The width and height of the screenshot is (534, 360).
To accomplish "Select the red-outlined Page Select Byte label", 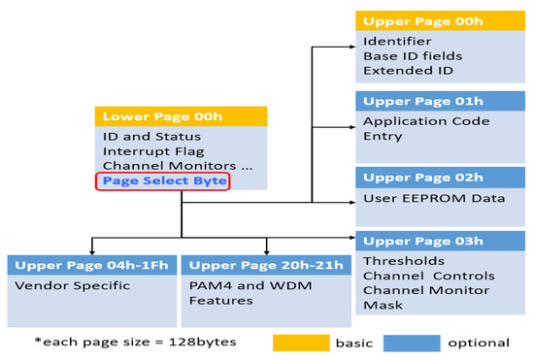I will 164,180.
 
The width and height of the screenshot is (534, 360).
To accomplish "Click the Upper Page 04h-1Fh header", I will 91,264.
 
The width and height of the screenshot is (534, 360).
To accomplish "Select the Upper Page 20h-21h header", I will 263,264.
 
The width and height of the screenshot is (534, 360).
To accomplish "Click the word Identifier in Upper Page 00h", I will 397,42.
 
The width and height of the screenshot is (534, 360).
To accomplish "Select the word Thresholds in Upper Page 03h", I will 403,260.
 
